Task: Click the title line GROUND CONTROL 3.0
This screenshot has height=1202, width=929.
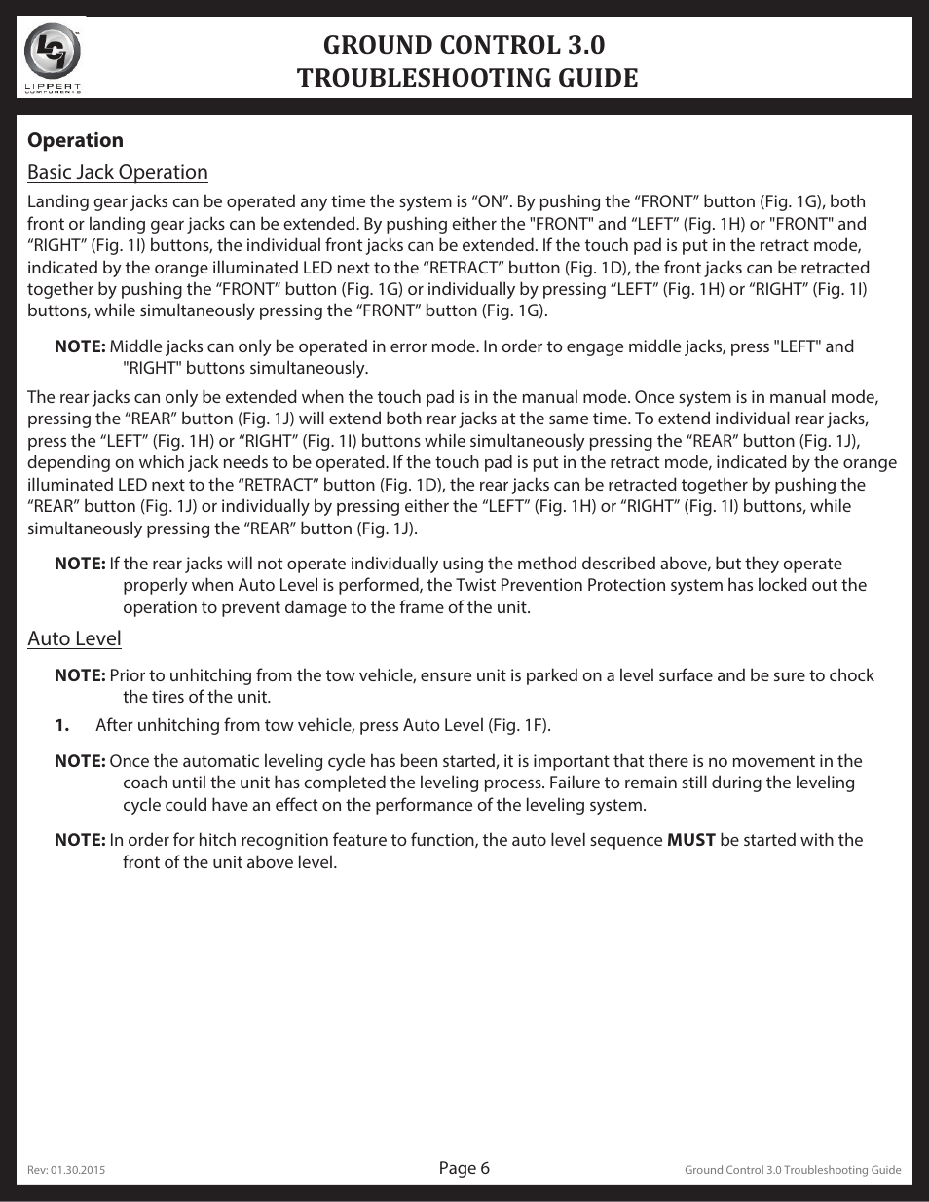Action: point(467,45)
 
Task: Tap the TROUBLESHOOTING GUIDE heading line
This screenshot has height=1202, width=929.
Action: point(467,78)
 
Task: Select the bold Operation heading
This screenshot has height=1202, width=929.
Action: point(75,140)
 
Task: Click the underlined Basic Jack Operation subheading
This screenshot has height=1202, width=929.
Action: point(117,172)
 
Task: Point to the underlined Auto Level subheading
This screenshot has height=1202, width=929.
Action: point(74,638)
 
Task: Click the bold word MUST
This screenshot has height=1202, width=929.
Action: point(691,840)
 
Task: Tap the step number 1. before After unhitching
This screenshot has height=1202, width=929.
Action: point(62,725)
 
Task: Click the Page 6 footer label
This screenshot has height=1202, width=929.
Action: point(464,1168)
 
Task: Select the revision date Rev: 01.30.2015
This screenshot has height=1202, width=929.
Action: point(66,1170)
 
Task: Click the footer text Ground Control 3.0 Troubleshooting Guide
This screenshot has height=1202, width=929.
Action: point(793,1170)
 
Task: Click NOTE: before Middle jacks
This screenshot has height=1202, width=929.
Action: point(80,346)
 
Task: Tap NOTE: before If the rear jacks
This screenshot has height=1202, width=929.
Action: point(80,564)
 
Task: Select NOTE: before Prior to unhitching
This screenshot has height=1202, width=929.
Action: point(80,675)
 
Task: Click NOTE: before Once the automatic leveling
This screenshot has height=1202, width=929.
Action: point(80,761)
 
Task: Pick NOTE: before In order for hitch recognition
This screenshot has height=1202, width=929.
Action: point(80,840)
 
